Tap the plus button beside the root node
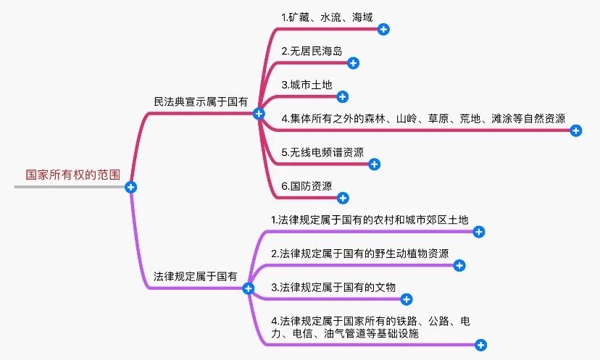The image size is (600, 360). (131, 187)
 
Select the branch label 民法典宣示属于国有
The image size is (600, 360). (201, 102)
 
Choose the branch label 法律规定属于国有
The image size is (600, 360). (195, 277)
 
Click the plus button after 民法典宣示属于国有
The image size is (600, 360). (259, 114)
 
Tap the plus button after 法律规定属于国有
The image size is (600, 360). (249, 288)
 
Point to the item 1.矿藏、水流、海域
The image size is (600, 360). (327, 16)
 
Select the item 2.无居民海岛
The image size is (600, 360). (312, 51)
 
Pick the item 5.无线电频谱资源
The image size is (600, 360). (322, 152)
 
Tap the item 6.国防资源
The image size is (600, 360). (307, 186)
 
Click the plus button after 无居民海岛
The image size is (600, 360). (353, 62)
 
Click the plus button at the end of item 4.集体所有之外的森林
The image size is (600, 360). (576, 130)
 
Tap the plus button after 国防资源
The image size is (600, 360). (343, 198)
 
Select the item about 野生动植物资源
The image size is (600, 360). (359, 254)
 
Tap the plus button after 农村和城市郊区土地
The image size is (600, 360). (478, 232)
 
